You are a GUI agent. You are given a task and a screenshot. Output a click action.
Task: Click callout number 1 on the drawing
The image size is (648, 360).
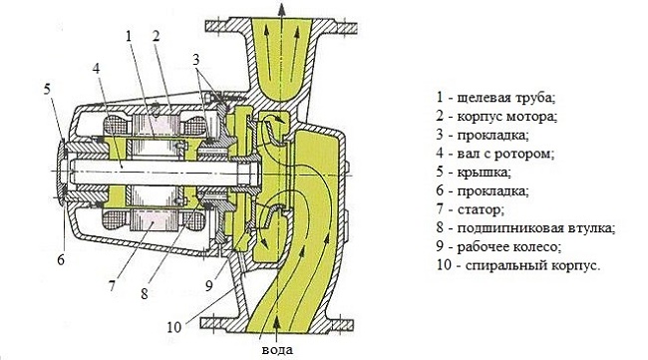(x=129, y=36)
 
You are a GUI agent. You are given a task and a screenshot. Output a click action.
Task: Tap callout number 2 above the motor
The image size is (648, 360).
(x=156, y=36)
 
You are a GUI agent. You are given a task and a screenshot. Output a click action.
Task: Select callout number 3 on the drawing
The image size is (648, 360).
(x=195, y=59)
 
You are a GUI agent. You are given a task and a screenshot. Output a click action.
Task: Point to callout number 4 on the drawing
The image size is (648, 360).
(x=97, y=68)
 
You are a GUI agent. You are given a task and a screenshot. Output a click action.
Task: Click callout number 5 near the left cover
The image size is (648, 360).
(x=48, y=89)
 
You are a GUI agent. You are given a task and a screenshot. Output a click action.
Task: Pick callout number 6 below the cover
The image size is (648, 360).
(x=61, y=259)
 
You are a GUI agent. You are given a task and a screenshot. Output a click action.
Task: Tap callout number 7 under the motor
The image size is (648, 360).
(x=112, y=285)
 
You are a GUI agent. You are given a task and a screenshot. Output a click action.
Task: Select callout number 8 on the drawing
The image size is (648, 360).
(x=144, y=293)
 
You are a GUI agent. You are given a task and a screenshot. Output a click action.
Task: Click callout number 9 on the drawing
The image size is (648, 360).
(x=209, y=285)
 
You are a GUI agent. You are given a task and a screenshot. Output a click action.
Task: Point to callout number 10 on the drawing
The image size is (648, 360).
(x=174, y=327)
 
